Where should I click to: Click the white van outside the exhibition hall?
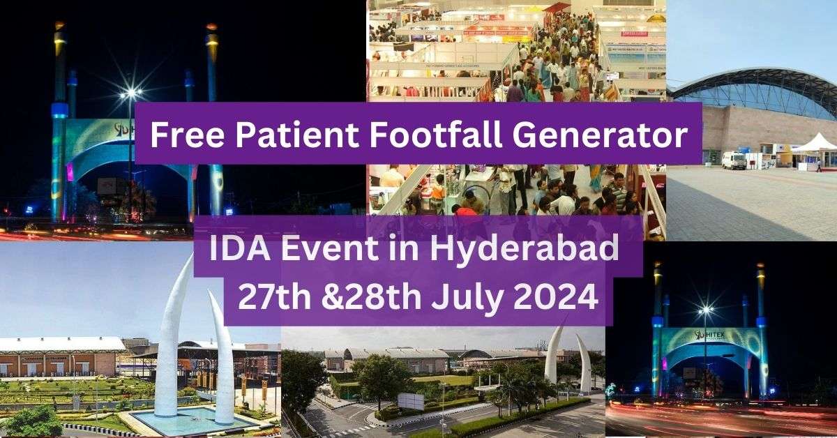[x=734, y=160]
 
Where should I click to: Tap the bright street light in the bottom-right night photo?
[x=706, y=310]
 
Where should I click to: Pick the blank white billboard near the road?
[x=411, y=400]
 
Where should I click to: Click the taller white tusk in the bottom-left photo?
[x=171, y=335]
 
